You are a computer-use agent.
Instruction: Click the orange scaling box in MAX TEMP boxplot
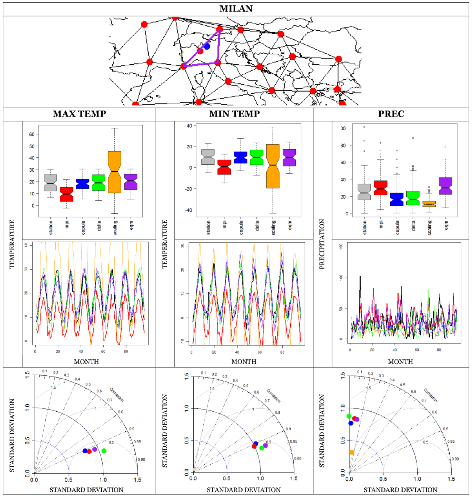[114, 172]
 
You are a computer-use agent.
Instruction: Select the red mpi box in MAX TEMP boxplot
[66, 194]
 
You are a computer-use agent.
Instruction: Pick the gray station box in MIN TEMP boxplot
[208, 157]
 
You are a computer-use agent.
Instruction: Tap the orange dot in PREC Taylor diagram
[352, 452]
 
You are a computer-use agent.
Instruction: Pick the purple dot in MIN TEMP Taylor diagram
[265, 445]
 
